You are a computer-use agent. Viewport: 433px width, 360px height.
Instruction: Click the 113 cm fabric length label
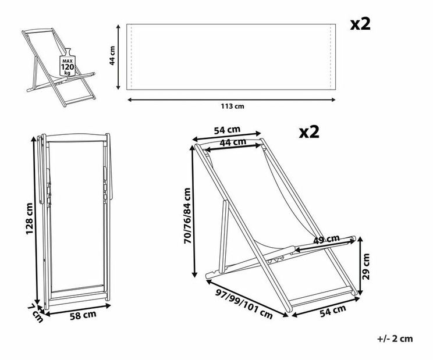(x=232, y=106)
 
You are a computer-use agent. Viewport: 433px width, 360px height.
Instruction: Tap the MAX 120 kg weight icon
(x=68, y=63)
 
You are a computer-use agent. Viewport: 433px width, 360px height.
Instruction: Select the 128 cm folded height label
(x=29, y=219)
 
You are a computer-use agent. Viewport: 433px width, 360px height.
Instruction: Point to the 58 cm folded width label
(x=83, y=315)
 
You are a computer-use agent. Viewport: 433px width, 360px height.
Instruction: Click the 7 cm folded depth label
(x=36, y=313)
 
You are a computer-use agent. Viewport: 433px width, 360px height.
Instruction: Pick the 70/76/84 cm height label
(x=187, y=216)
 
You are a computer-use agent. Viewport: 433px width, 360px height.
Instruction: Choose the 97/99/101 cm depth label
(x=244, y=304)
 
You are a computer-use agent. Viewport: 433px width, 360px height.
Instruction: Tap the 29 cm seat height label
(x=366, y=266)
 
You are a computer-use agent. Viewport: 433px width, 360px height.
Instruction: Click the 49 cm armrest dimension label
(x=326, y=239)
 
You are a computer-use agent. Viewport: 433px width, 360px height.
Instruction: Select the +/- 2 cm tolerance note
(x=395, y=338)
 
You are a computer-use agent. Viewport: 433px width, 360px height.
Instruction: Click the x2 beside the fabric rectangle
(x=360, y=24)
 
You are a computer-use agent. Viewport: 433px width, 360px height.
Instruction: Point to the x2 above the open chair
(x=309, y=132)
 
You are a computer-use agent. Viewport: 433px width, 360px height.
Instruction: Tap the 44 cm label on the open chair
(x=233, y=142)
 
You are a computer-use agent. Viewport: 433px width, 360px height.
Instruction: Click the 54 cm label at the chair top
(x=228, y=130)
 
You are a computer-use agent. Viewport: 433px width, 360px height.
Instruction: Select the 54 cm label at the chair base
(x=333, y=311)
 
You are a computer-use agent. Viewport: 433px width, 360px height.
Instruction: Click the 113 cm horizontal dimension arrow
(x=232, y=99)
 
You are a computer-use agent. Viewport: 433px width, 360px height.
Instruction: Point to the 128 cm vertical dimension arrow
(x=35, y=220)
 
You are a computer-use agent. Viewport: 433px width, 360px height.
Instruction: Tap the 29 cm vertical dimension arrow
(x=360, y=266)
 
